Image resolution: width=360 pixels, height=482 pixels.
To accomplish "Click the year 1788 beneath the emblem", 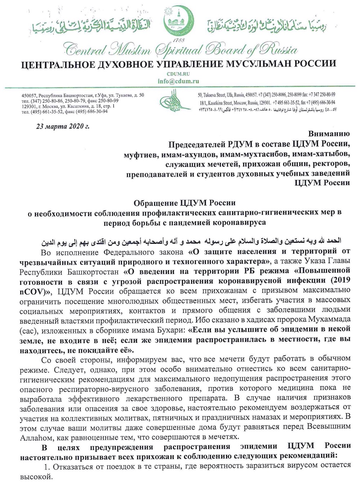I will coord(179,40).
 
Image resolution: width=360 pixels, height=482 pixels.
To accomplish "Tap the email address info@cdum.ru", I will coord(178,81).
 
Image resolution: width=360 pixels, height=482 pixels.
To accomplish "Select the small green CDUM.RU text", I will coord(179,73).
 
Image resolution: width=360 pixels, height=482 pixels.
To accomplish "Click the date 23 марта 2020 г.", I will coord(62,126).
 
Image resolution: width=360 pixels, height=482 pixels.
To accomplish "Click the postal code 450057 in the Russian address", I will coord(29,95).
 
